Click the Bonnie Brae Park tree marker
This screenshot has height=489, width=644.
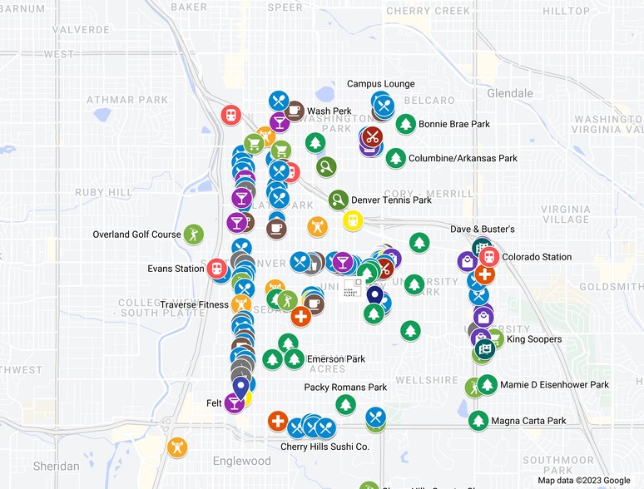pyautogui.click(x=405, y=125)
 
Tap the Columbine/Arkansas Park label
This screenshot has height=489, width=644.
pyautogui.click(x=463, y=158)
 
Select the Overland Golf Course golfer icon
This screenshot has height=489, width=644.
pyautogui.click(x=193, y=234)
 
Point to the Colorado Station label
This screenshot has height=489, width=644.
pyautogui.click(x=537, y=257)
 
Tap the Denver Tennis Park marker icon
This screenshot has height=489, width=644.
pyautogui.click(x=338, y=200)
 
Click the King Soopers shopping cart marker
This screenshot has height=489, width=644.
pyautogui.click(x=494, y=338)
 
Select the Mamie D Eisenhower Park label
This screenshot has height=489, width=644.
pyautogui.click(x=555, y=385)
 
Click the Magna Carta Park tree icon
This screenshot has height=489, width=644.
pyautogui.click(x=478, y=421)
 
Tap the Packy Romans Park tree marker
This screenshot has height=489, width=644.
pyautogui.click(x=346, y=404)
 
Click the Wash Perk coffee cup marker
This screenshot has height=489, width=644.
pyautogui.click(x=294, y=111)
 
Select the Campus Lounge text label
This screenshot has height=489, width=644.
pyautogui.click(x=380, y=84)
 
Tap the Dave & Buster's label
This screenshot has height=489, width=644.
pyautogui.click(x=483, y=229)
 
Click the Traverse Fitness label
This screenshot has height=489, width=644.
pyautogui.click(x=194, y=304)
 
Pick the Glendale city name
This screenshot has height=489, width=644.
pyautogui.click(x=510, y=92)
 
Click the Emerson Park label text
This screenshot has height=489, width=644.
pyautogui.click(x=336, y=359)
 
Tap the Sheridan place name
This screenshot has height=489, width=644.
pyautogui.click(x=56, y=466)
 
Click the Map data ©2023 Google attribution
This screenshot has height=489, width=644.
pyautogui.click(x=583, y=481)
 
